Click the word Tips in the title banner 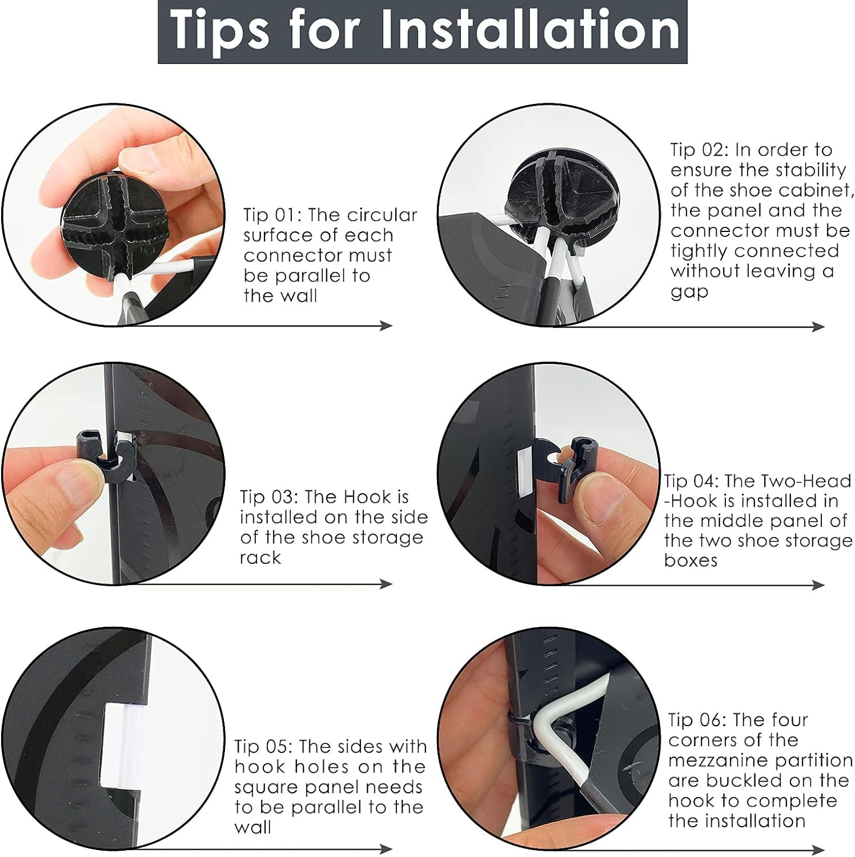coord(220,32)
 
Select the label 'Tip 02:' coord(699,150)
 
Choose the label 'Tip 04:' coord(692,481)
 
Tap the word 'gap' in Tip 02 coord(689,293)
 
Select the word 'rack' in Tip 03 coord(260,558)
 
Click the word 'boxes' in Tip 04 coord(691,560)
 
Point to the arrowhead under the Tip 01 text coord(387,326)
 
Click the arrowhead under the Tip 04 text coord(818,584)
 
